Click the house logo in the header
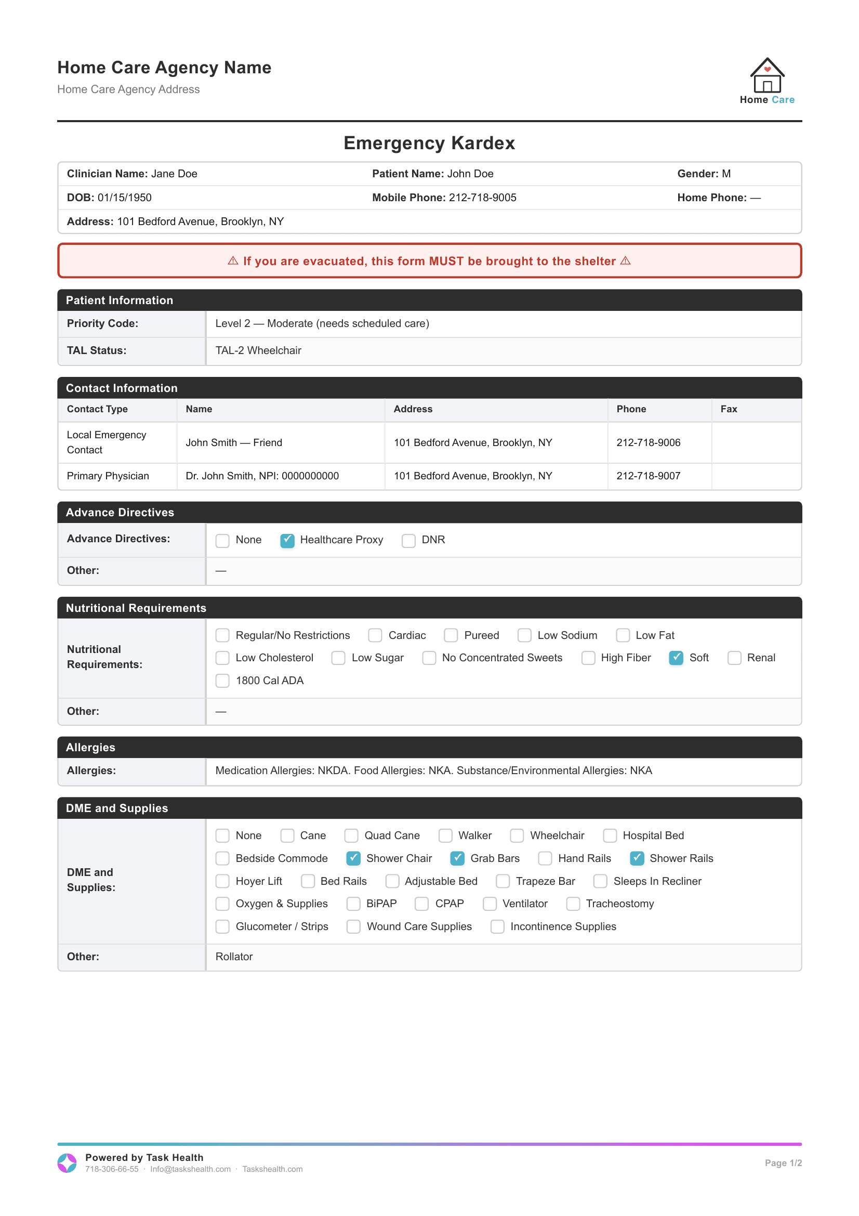click(x=767, y=76)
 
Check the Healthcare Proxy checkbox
click(x=287, y=540)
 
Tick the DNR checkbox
click(x=408, y=540)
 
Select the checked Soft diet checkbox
click(x=676, y=658)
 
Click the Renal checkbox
click(x=734, y=658)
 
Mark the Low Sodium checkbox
click(x=524, y=635)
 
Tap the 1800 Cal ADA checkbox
click(x=222, y=681)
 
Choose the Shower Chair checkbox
click(x=353, y=858)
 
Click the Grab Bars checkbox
click(x=457, y=858)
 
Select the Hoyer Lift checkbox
click(x=222, y=881)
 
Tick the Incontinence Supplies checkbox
click(x=497, y=926)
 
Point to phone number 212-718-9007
click(x=649, y=476)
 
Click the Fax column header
click(x=728, y=409)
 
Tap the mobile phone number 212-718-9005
click(x=482, y=198)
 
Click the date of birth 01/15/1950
click(x=124, y=198)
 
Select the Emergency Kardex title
click(x=429, y=143)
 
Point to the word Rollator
click(x=234, y=957)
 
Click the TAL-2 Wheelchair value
click(x=258, y=350)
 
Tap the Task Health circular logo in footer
click(x=67, y=1162)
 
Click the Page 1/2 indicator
click(x=783, y=1162)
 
